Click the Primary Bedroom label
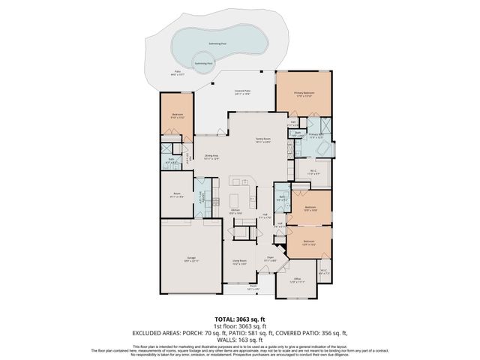[304, 94]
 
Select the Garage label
[191, 259]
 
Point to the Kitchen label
[235, 211]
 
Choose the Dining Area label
[211, 157]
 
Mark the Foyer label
[271, 259]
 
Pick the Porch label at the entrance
[253, 287]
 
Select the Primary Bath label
[316, 136]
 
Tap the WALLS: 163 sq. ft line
[239, 337]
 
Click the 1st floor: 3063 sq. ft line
[239, 325]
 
